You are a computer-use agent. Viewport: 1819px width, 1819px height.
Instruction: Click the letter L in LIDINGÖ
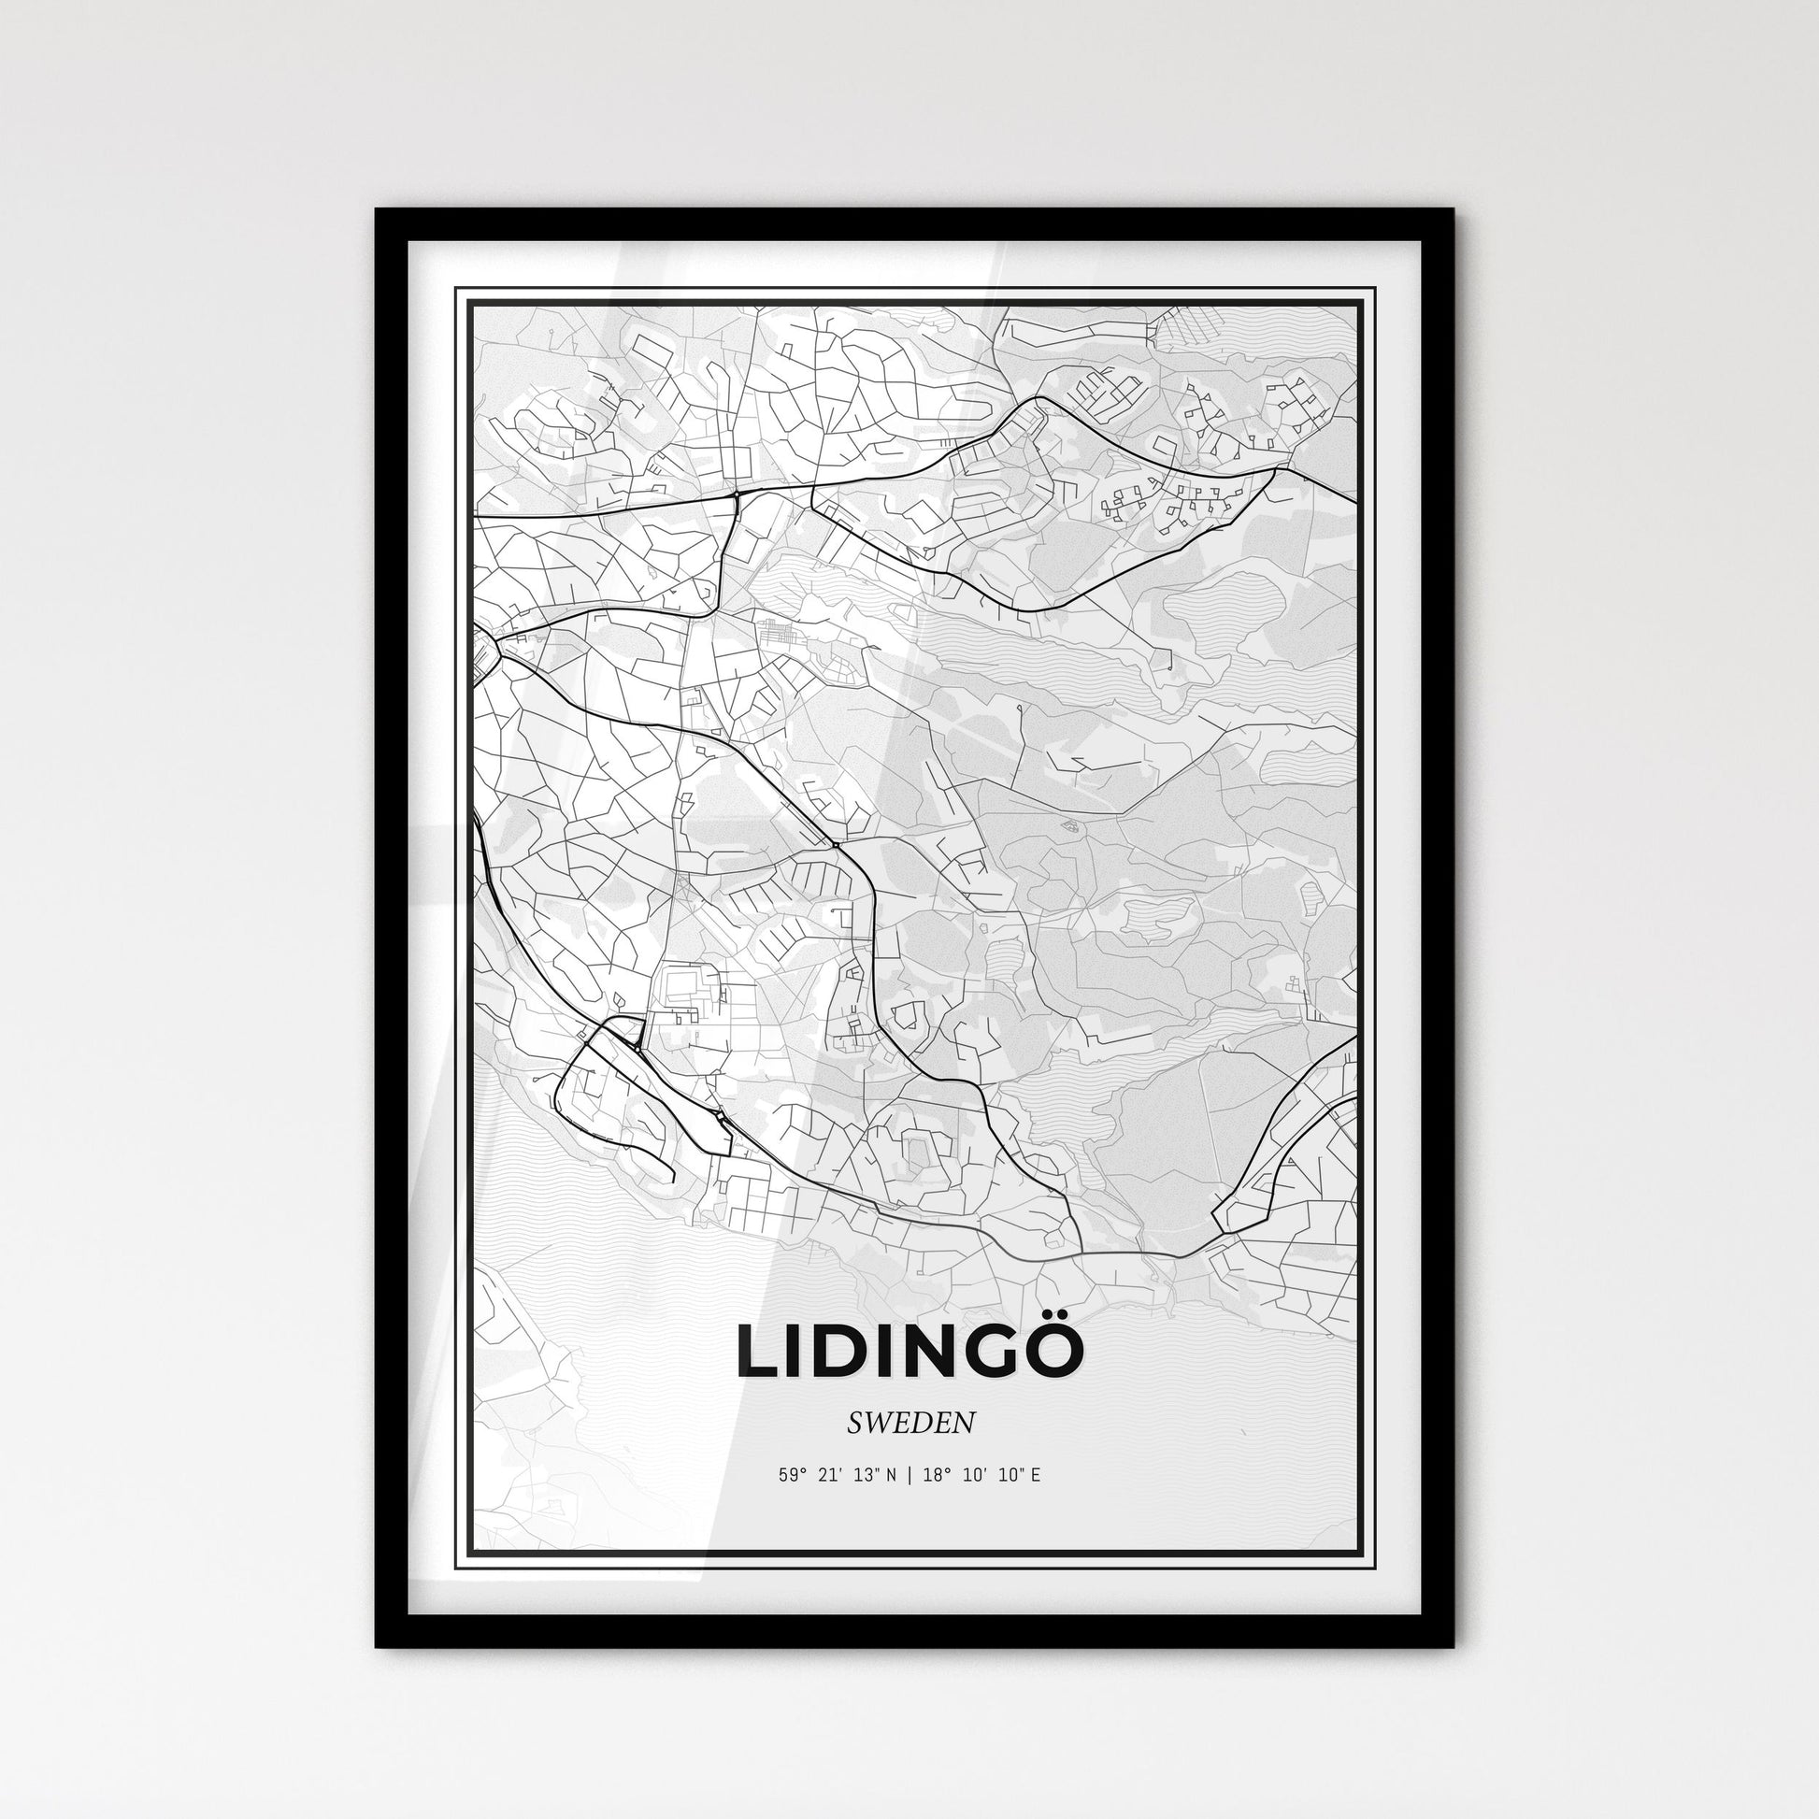click(759, 1353)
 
